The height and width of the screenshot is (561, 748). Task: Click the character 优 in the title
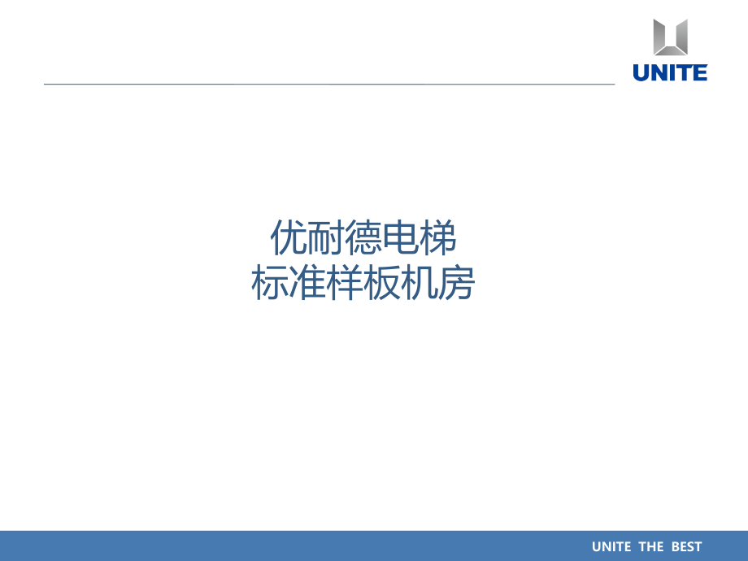(288, 240)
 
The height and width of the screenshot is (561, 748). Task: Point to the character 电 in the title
(400, 240)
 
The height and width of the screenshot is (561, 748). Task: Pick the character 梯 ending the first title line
(437, 240)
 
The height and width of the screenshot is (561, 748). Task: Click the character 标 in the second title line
(269, 284)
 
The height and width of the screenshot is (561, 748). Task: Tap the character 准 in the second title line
(307, 284)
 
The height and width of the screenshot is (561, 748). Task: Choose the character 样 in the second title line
(344, 284)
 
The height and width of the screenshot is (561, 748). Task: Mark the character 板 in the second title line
(381, 284)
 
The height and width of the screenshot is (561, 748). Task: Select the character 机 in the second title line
(419, 284)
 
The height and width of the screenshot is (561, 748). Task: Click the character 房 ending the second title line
(456, 284)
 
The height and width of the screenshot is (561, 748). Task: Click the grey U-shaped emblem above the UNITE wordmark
(671, 37)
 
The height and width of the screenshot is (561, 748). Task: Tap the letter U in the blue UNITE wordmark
(641, 72)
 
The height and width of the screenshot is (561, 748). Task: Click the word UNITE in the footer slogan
(611, 546)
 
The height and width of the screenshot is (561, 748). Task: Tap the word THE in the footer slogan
(651, 546)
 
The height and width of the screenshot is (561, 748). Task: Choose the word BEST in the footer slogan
(686, 546)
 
